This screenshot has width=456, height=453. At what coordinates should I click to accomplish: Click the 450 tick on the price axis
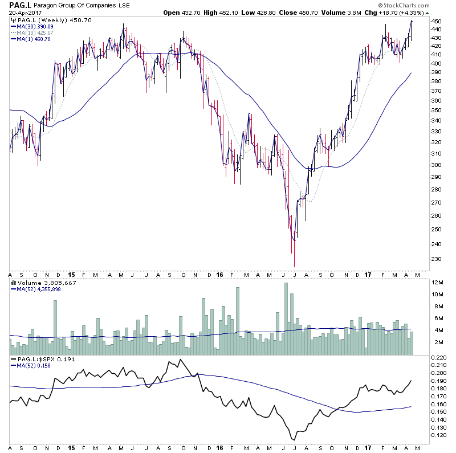point(436,21)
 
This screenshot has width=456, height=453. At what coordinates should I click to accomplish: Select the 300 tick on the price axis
point(436,165)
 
